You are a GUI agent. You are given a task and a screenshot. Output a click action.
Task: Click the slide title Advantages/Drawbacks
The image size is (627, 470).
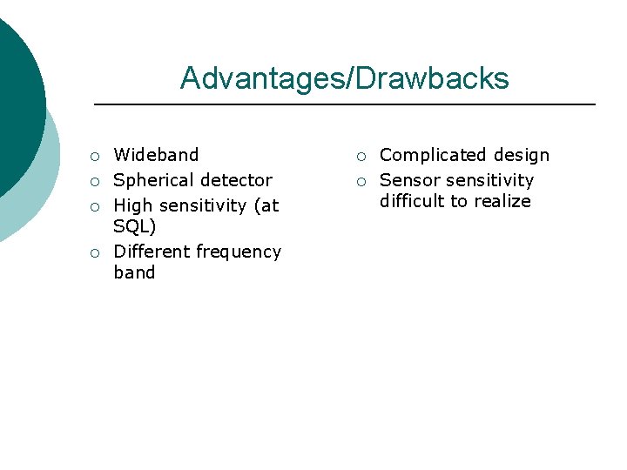pos(344,79)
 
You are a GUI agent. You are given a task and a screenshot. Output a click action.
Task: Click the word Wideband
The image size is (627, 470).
pos(156,155)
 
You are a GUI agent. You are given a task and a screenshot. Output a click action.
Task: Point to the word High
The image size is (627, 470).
pos(133,206)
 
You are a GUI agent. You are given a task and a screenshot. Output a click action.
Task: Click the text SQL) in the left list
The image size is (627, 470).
pos(135,226)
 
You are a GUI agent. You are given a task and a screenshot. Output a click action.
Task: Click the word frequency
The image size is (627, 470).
pos(239,252)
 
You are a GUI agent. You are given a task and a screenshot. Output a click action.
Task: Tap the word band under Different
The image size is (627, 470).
pos(134,272)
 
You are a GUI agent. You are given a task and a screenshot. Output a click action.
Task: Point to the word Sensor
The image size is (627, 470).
pos(409,180)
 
